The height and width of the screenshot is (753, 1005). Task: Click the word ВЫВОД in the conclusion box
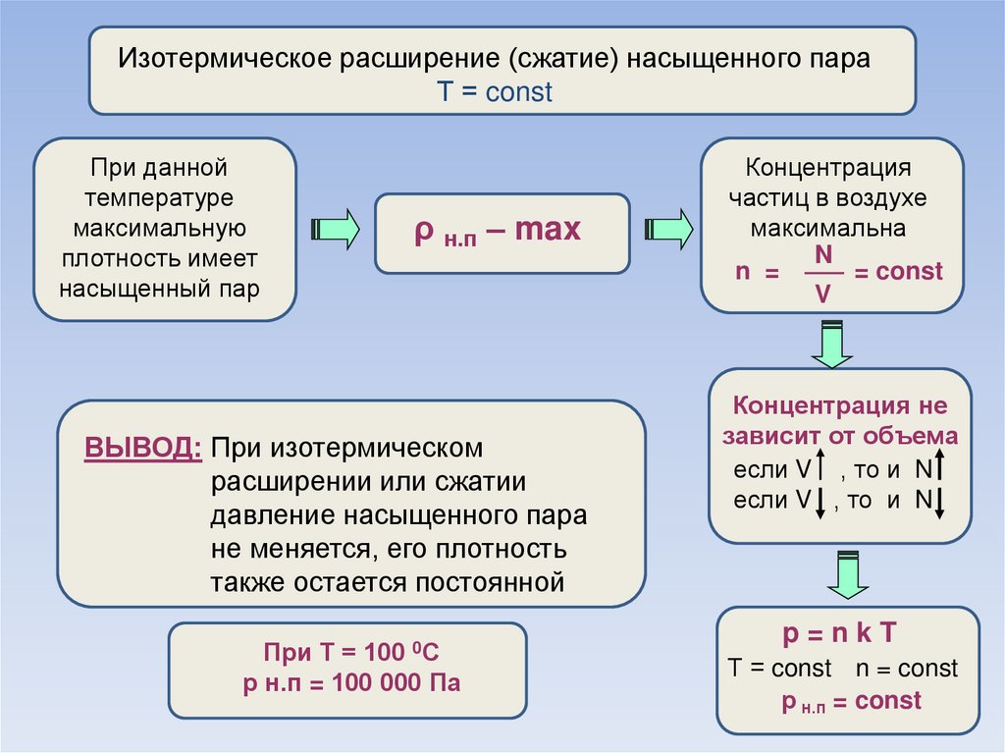143,448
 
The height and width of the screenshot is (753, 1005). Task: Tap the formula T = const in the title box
495,93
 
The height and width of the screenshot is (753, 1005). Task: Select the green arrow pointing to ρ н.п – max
335,230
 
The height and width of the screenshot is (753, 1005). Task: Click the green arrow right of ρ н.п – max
669,230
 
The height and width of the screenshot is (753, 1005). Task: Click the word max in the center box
548,231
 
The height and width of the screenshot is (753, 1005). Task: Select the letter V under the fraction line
822,293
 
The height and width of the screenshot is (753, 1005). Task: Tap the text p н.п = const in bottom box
851,702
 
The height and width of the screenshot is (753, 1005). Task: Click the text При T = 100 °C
348,652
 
